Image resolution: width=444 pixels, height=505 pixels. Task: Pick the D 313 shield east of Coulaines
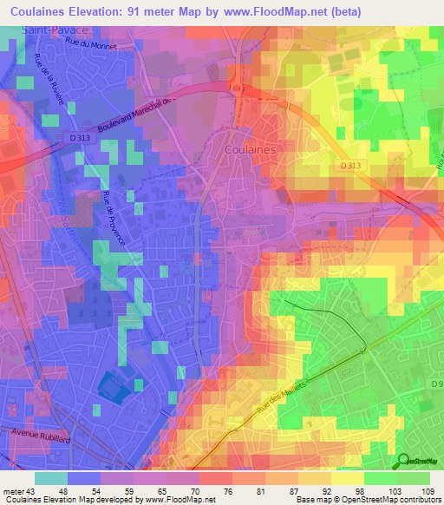[x=350, y=165]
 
